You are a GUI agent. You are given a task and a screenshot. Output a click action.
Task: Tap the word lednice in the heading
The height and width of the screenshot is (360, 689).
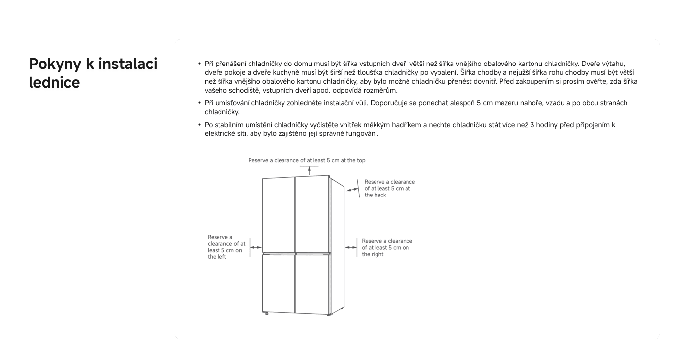coord(54,83)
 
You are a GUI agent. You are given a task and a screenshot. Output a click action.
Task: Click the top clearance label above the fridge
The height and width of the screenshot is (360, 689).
coord(307,160)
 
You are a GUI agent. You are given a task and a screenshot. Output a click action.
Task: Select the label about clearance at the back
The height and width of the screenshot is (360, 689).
coord(389,188)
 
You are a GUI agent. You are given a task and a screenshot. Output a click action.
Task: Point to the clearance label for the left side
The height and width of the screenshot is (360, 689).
coord(226,247)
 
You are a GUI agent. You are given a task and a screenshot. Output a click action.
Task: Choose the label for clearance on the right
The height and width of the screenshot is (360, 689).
coord(387,248)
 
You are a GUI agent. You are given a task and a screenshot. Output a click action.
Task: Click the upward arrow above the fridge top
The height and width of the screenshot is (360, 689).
coord(309,170)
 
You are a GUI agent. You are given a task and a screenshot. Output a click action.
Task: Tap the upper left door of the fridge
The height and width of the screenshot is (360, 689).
coord(278,214)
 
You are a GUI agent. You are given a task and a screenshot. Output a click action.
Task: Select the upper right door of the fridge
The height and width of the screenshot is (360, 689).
coord(312,214)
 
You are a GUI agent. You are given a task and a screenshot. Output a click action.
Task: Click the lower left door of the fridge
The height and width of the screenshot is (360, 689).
coord(278,283)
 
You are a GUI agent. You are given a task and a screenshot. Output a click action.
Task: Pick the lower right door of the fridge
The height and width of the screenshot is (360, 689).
coord(312,283)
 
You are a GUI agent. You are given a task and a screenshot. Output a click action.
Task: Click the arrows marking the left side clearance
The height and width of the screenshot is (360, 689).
coord(256,247)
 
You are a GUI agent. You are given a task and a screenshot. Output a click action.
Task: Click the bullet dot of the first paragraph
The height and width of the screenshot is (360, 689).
coord(199,64)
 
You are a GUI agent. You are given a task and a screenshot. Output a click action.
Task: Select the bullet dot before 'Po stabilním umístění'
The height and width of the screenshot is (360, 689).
coord(199,125)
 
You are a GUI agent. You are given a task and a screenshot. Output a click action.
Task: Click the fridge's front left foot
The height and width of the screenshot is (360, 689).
coord(267,314)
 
